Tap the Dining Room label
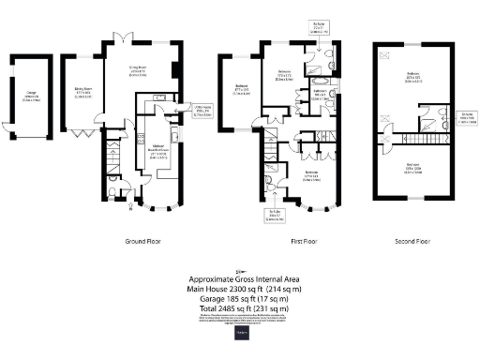pyautogui.click(x=82, y=93)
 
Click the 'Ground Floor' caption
pyautogui.click(x=144, y=241)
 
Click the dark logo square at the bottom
pyautogui.click(x=240, y=334)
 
